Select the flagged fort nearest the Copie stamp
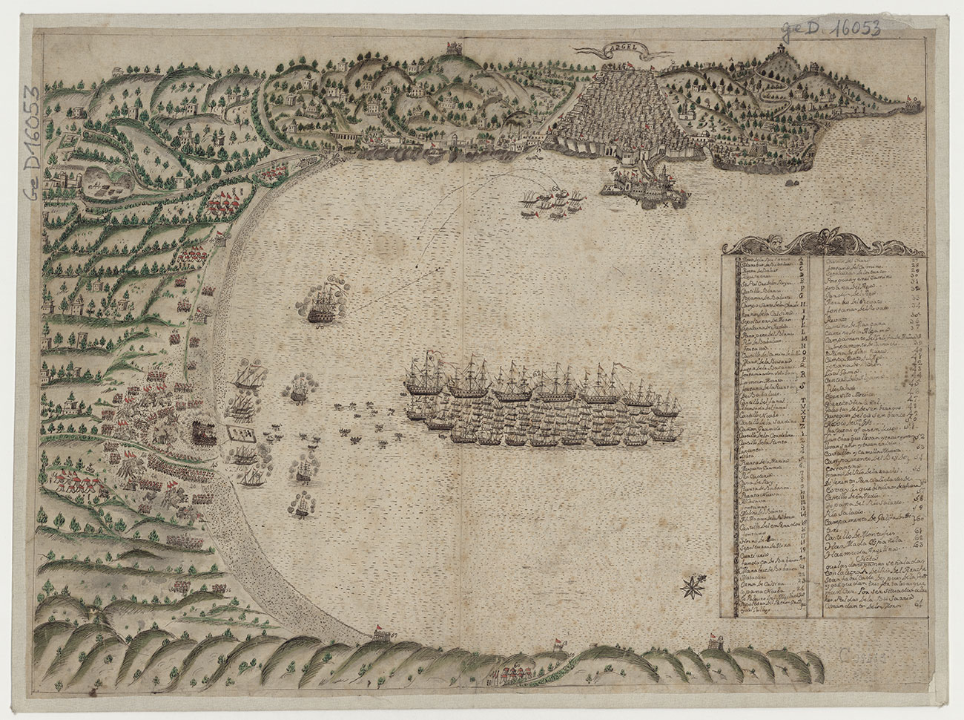click(715, 642)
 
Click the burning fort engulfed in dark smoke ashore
click(202, 433)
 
